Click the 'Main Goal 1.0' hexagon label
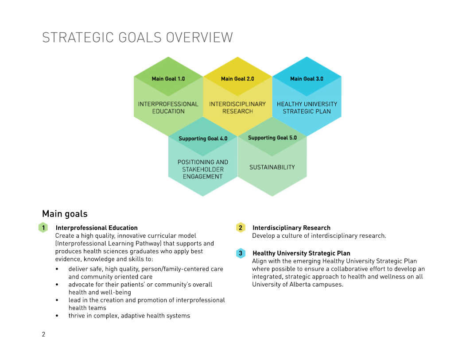coord(168,79)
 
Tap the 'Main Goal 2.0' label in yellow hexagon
coord(237,79)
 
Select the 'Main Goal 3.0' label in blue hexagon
coord(307,79)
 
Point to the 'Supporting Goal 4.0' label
coord(203,139)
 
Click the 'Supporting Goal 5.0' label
coord(272,138)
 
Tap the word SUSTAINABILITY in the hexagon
coord(272,167)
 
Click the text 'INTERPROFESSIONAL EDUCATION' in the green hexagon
coord(168,108)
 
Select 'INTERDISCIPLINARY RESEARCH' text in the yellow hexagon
coord(237,108)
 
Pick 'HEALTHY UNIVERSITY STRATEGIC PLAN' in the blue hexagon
coord(307,108)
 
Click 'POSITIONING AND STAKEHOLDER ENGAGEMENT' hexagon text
coord(203,169)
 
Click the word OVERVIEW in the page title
coord(199,38)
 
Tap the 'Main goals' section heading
coord(65,214)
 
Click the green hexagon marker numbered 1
coord(43,228)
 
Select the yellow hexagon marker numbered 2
coord(241,228)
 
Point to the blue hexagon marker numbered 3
coord(241,253)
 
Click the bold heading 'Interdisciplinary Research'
coord(291,228)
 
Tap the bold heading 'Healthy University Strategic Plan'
coord(301,254)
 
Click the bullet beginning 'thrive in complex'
coord(129,316)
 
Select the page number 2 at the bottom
coord(43,334)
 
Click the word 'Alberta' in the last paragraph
coord(300,285)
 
